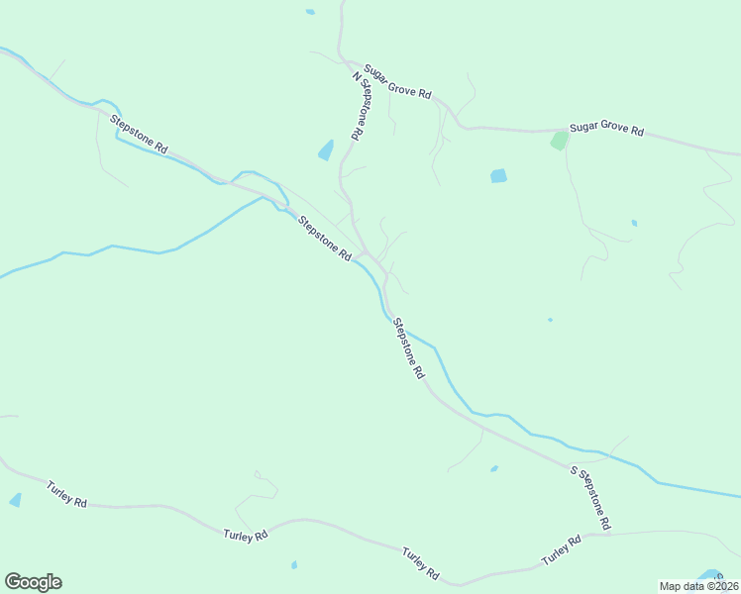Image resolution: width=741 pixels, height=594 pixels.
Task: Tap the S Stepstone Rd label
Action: [590, 497]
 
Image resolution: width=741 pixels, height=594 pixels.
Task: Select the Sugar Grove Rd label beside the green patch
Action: [606, 130]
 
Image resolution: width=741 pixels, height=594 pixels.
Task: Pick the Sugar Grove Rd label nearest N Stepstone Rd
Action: [397, 81]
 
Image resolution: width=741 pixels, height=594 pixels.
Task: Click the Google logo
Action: [33, 582]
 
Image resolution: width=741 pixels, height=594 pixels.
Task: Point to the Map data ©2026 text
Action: [698, 585]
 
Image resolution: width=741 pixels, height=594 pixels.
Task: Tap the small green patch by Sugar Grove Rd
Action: [560, 141]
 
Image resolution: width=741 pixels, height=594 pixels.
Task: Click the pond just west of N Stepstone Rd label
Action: [325, 150]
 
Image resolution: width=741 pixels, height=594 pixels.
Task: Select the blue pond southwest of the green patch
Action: [498, 176]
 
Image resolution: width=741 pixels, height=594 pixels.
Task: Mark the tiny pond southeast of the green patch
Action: [634, 223]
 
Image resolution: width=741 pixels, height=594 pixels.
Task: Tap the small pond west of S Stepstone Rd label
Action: [493, 468]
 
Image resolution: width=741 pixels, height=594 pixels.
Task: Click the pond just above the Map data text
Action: [710, 575]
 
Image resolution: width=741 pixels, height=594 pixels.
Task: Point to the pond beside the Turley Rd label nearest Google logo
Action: [15, 500]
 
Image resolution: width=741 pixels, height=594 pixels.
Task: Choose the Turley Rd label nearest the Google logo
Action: [66, 493]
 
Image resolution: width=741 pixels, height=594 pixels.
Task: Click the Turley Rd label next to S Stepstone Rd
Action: [561, 550]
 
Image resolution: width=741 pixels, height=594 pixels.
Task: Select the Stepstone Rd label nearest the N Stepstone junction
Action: [326, 240]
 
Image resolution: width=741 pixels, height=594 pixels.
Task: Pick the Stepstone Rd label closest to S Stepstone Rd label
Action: [407, 348]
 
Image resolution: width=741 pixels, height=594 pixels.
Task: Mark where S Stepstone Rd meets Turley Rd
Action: [607, 533]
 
